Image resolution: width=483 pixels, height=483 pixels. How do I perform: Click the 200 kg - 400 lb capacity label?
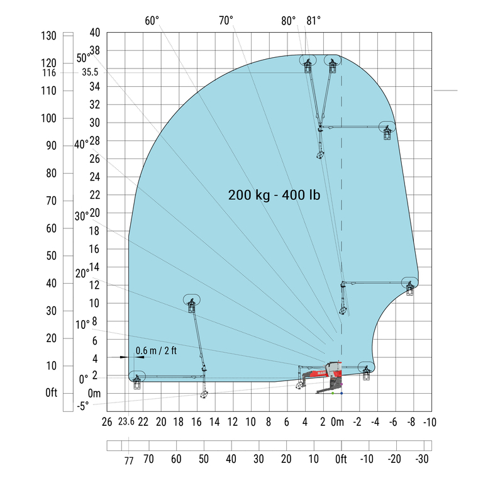tap(274, 195)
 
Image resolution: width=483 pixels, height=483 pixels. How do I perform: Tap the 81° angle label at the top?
tap(314, 21)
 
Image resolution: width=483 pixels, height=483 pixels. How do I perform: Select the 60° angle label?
tap(152, 21)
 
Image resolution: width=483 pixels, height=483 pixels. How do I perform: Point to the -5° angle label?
tap(82, 406)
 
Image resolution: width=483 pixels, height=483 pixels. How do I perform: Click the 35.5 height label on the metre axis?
tap(90, 72)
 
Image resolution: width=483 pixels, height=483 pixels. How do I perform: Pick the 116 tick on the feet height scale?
tap(49, 73)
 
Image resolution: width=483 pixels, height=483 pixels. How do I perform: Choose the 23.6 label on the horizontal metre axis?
tap(126, 421)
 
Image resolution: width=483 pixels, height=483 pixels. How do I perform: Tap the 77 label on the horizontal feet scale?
tap(129, 461)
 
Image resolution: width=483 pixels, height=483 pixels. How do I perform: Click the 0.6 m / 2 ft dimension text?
tap(156, 350)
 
